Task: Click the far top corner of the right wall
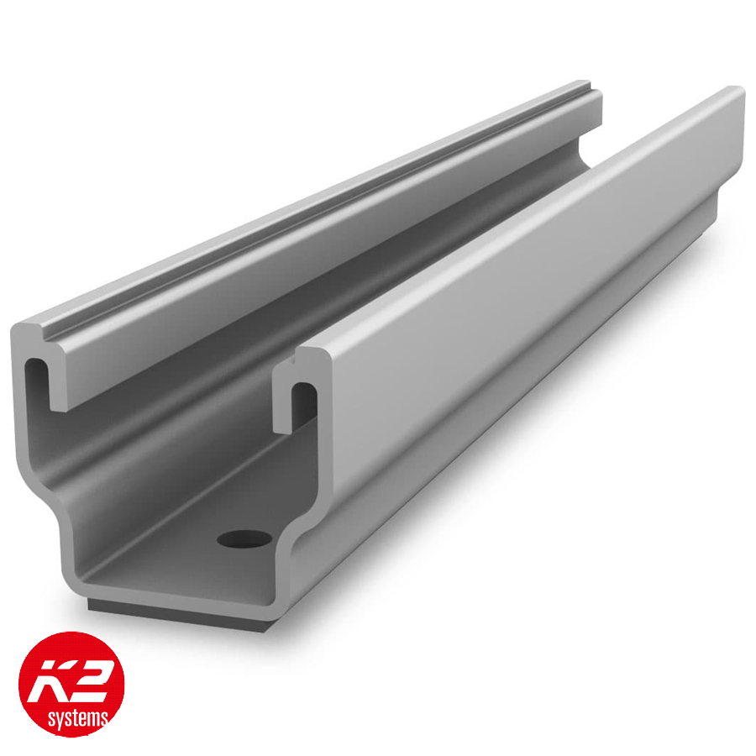pos(738,90)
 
